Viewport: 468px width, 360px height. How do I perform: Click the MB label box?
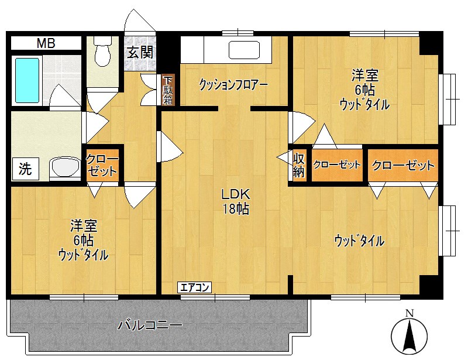tap(46, 43)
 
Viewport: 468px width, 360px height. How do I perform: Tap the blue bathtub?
tap(27, 80)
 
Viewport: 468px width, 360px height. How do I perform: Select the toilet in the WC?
tap(104, 51)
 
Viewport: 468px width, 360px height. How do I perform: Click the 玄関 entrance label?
tap(140, 52)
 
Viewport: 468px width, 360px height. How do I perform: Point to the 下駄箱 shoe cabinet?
tap(168, 90)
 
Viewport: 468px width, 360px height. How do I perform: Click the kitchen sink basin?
tap(244, 50)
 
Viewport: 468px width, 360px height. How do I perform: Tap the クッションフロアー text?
tap(233, 84)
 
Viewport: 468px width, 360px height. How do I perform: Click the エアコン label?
tap(195, 287)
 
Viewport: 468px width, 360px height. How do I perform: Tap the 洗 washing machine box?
tap(25, 169)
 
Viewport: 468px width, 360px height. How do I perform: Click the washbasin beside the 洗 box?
tap(65, 167)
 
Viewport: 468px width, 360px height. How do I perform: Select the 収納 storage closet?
tap(298, 164)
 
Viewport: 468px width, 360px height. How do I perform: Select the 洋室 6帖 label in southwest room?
tap(83, 240)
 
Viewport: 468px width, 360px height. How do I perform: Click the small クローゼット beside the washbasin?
tap(102, 164)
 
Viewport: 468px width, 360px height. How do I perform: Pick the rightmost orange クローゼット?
tap(403, 165)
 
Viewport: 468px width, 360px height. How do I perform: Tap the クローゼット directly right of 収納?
tap(336, 165)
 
